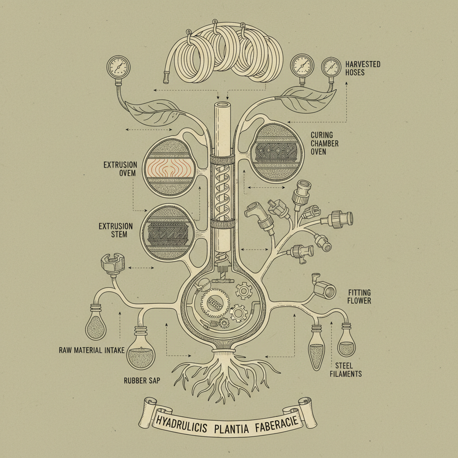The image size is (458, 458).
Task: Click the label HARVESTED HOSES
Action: [363, 68]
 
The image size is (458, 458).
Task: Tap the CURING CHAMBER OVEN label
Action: [324, 143]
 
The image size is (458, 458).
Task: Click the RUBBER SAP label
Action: [142, 381]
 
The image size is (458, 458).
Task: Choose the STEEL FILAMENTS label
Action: [346, 369]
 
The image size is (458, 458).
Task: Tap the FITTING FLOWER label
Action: [359, 297]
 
